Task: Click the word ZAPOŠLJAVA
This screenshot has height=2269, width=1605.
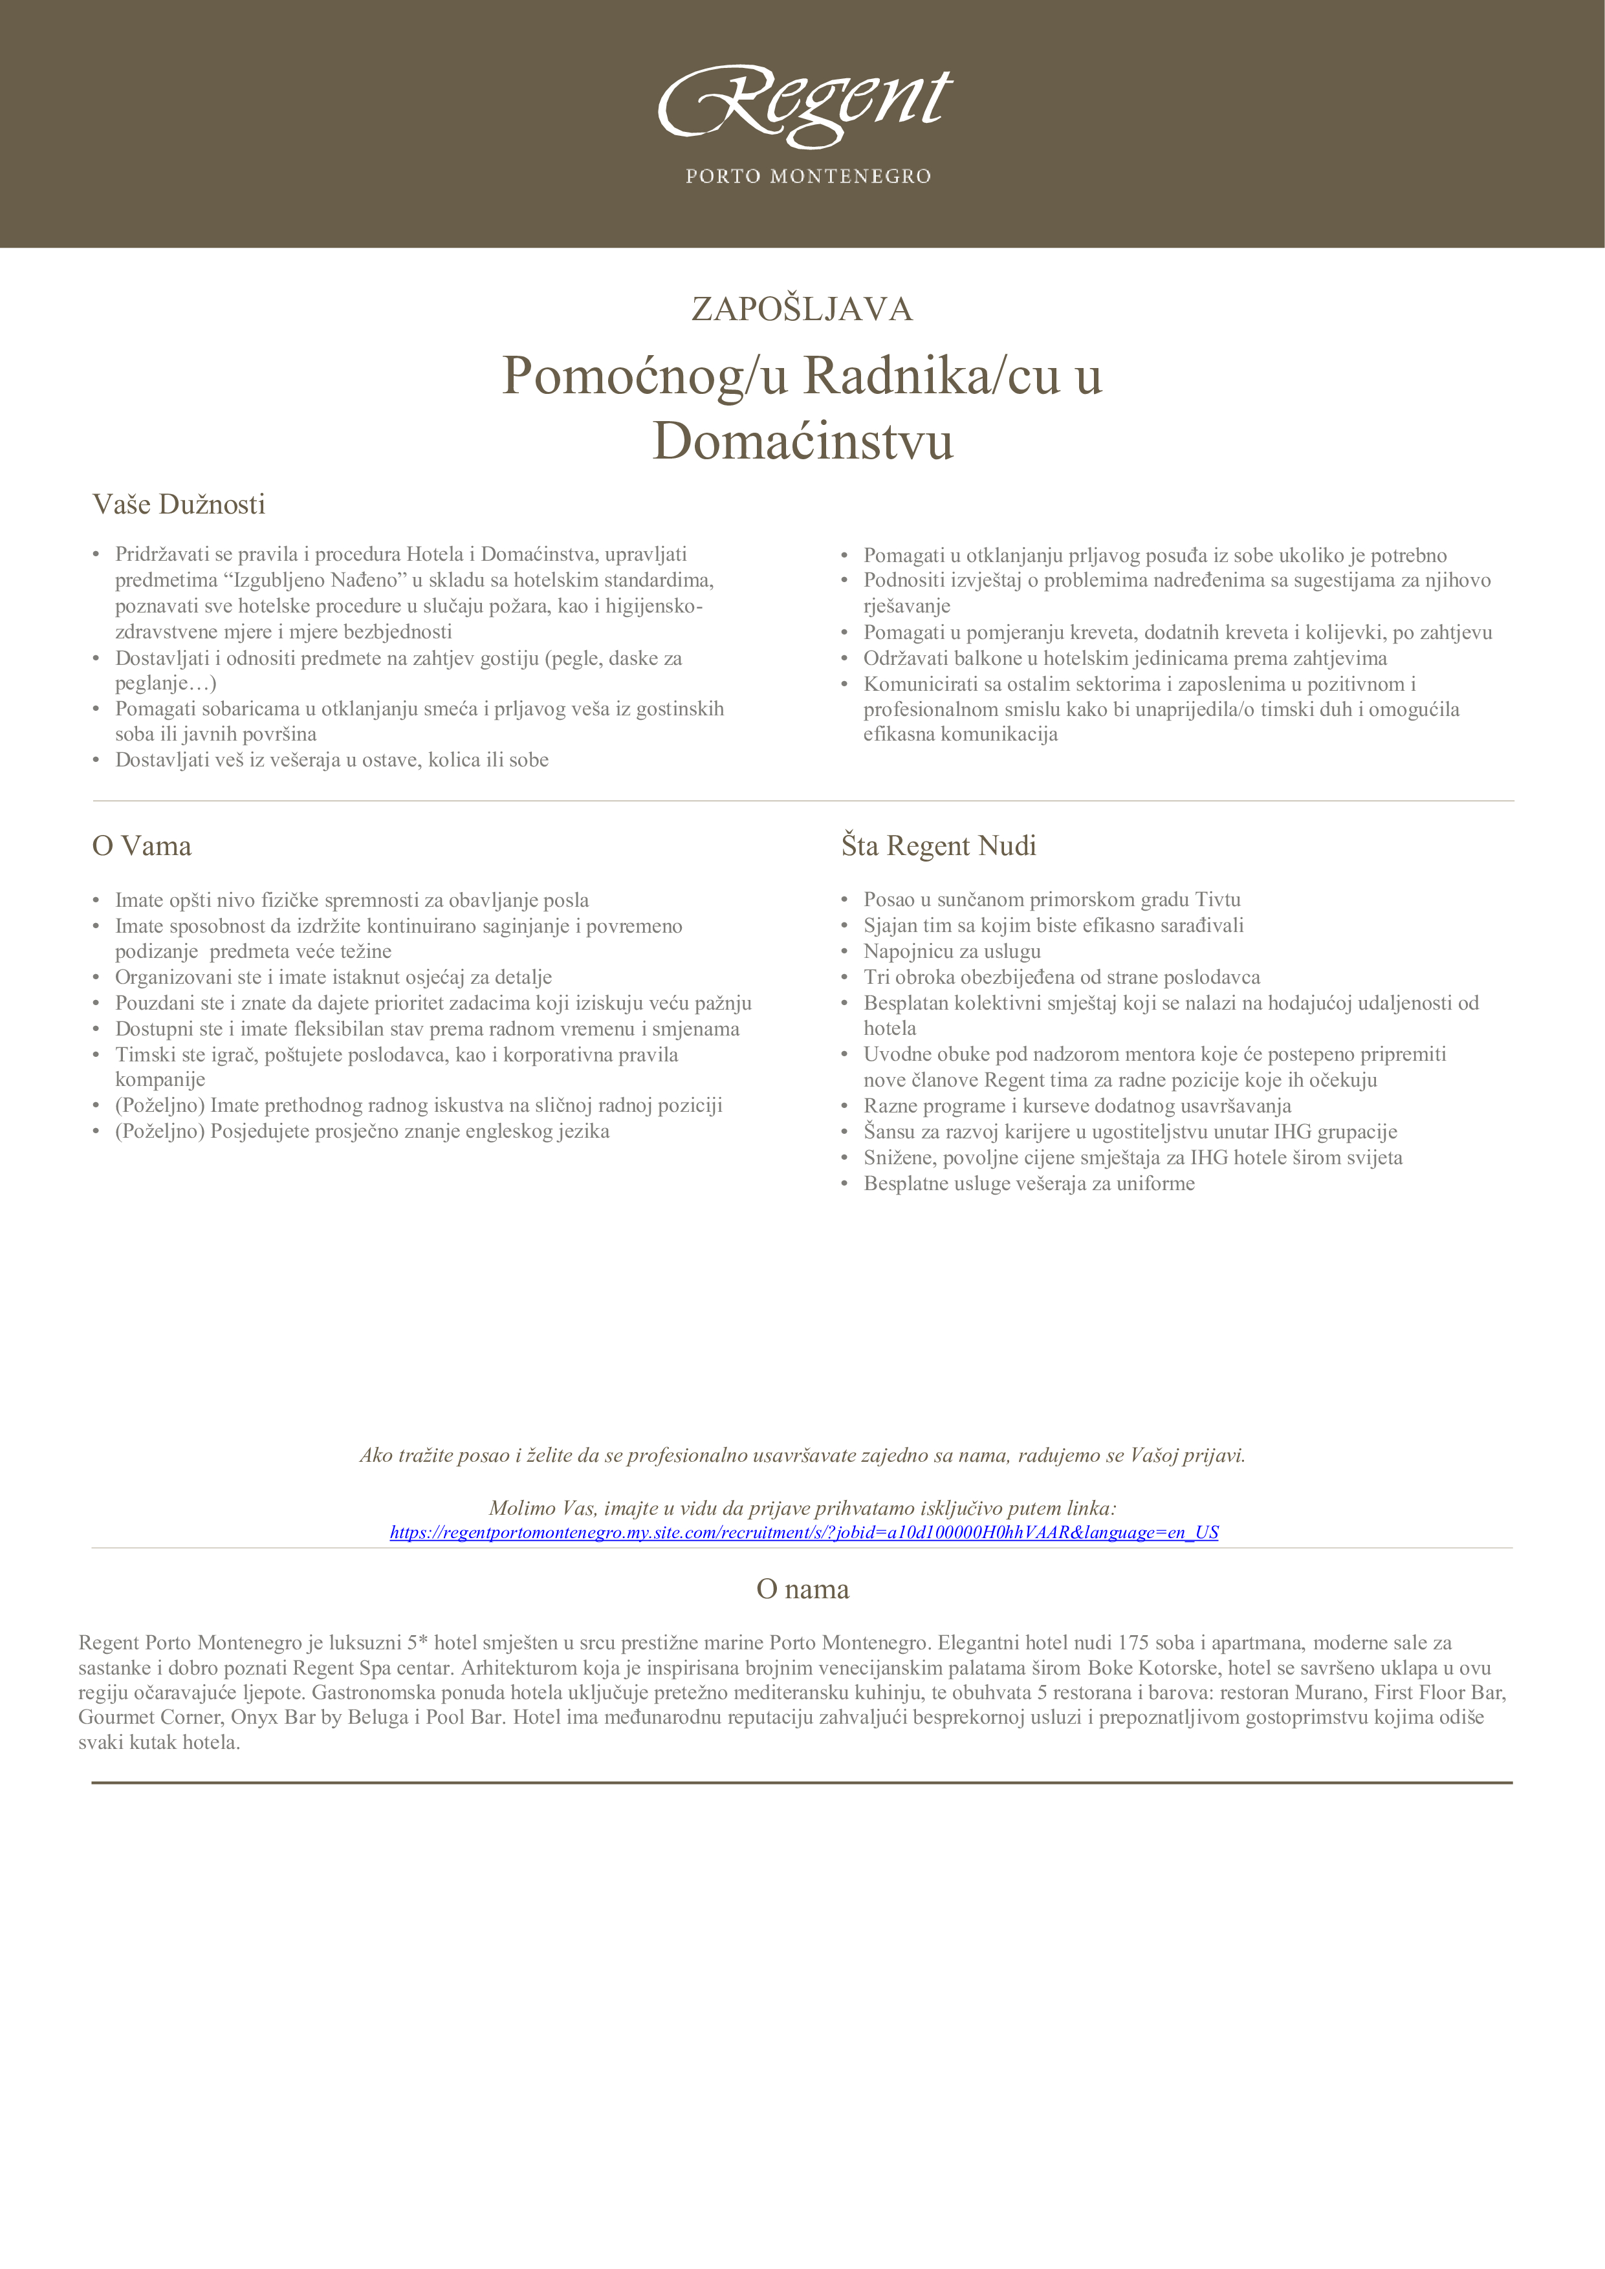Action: (x=802, y=309)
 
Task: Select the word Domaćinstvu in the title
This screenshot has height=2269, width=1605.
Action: (x=802, y=440)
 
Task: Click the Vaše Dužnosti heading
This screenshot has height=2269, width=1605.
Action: (x=179, y=505)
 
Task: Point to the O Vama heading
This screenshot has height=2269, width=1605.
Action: (x=141, y=846)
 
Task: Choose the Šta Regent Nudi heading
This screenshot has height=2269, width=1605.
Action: (x=938, y=846)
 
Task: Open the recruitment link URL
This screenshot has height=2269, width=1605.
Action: (x=803, y=1533)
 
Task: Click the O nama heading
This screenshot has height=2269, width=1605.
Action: (x=802, y=1589)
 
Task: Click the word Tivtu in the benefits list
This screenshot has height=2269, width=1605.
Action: (x=1217, y=899)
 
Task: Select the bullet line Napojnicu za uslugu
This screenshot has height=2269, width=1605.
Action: (x=952, y=951)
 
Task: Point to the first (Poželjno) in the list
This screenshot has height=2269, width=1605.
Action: (x=160, y=1105)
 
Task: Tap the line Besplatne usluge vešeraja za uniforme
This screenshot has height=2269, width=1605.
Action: (x=1029, y=1183)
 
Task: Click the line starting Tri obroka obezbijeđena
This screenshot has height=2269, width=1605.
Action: (x=1062, y=977)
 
